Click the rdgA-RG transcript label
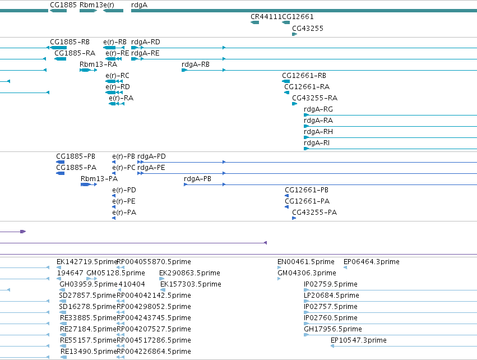pos(318,109)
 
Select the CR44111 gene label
pos(266,16)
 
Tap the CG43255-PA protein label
pos(314,212)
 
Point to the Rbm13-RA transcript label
pos(98,64)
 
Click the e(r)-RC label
pos(117,76)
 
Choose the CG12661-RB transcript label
pos(304,76)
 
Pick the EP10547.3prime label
pos(359,340)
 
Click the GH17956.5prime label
pos(333,329)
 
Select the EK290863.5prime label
pos(190,273)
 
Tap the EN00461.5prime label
pos(305,261)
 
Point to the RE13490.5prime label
pos(89,351)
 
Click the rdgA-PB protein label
pos(197,179)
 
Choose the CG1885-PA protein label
pos(76,167)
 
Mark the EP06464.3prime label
pos(372,261)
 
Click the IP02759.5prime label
pos(330,284)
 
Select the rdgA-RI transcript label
pos(317,143)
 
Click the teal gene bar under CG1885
pos(58,11)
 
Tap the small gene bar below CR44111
pos(254,22)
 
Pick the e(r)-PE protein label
pos(124,201)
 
